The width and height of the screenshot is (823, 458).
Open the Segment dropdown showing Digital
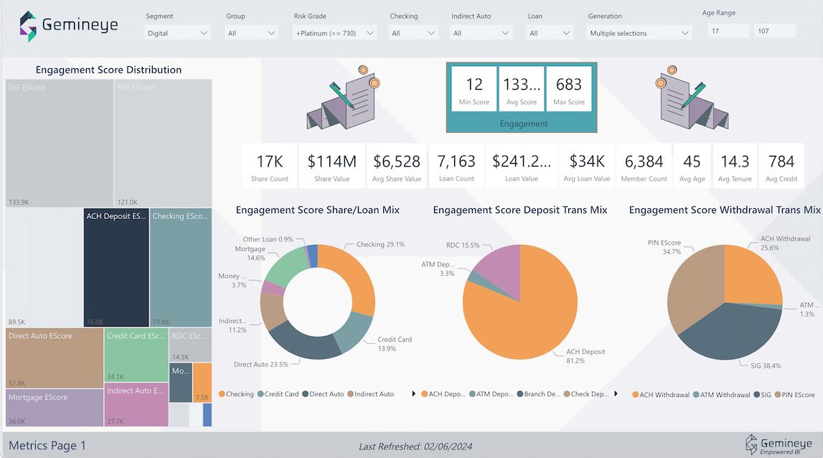(x=178, y=33)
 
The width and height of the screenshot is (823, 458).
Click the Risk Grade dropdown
(x=335, y=33)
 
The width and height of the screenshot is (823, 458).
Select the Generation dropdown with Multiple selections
(x=639, y=33)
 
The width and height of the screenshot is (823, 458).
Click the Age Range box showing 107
(x=774, y=31)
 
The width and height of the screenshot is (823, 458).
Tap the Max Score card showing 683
(x=569, y=90)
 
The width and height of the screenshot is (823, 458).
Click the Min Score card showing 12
(x=474, y=90)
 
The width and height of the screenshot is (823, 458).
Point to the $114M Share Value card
(x=332, y=167)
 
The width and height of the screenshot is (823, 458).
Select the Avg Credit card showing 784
(x=781, y=167)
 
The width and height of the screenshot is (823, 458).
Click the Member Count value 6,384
(x=645, y=162)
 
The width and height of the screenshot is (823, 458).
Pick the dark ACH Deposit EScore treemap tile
(x=116, y=268)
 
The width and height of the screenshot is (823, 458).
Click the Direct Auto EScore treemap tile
(x=55, y=357)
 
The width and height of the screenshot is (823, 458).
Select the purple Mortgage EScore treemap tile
(x=55, y=408)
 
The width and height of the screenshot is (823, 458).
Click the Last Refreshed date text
(x=415, y=447)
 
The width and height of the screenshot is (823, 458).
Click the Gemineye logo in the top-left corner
(x=68, y=26)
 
